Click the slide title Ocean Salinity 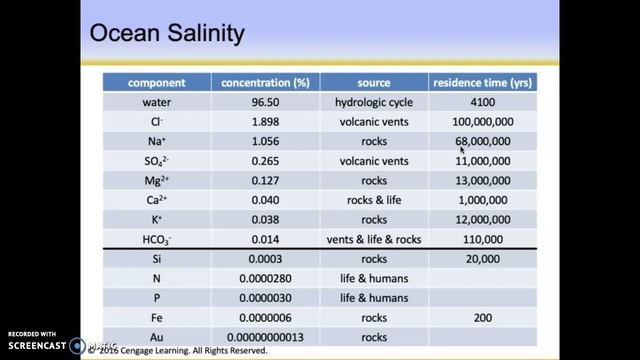167,34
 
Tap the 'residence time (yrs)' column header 482,82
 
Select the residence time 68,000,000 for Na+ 482,141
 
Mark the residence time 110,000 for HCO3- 482,239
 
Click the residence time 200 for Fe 482,317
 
